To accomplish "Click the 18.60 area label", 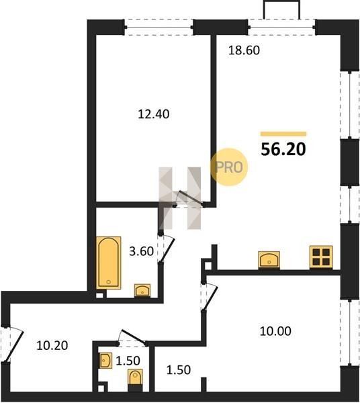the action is pyautogui.click(x=244, y=50).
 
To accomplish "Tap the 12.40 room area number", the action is pyautogui.click(x=154, y=114).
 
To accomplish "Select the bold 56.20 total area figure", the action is pyautogui.click(x=283, y=149).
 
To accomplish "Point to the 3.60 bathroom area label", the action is pyautogui.click(x=141, y=251).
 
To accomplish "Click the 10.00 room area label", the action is pyautogui.click(x=275, y=331).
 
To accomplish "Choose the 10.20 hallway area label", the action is pyautogui.click(x=52, y=346).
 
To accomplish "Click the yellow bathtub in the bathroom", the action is pyautogui.click(x=109, y=263).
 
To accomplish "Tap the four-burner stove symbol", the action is pyautogui.click(x=321, y=257).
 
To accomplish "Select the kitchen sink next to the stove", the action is pyautogui.click(x=269, y=259).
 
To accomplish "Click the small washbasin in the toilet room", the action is pyautogui.click(x=106, y=361).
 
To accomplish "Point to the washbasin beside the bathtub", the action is pyautogui.click(x=142, y=290).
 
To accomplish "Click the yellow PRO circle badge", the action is pyautogui.click(x=229, y=167).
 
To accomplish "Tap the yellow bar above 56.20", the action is pyautogui.click(x=283, y=134).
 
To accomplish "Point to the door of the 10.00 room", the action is pyautogui.click(x=209, y=296).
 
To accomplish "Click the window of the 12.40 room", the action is pyautogui.click(x=159, y=27).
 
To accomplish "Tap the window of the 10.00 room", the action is pyautogui.click(x=349, y=332).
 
